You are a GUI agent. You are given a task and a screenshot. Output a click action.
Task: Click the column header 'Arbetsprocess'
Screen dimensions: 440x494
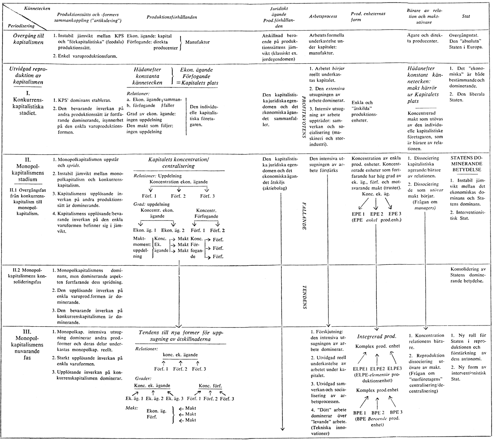[322, 16]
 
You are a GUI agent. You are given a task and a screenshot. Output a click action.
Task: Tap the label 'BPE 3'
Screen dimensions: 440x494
[397, 412]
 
